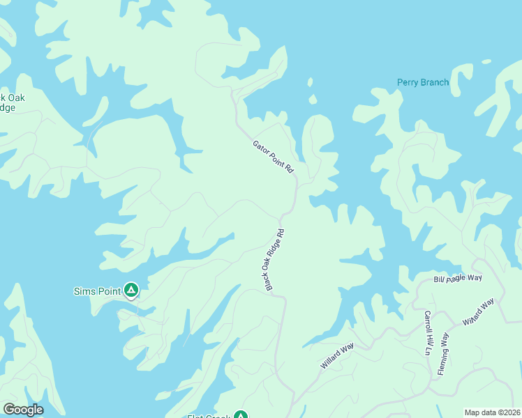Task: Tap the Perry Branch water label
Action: [423, 82]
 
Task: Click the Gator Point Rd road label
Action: [274, 157]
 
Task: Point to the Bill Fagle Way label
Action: [458, 279]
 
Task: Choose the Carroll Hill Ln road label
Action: [427, 332]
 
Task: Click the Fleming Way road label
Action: [444, 354]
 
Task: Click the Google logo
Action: [23, 410]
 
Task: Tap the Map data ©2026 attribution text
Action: [492, 412]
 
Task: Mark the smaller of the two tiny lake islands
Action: [310, 82]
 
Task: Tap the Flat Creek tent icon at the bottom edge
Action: [240, 415]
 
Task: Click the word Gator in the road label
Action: [261, 147]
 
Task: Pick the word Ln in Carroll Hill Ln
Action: [427, 350]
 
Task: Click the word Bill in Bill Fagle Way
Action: [440, 280]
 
